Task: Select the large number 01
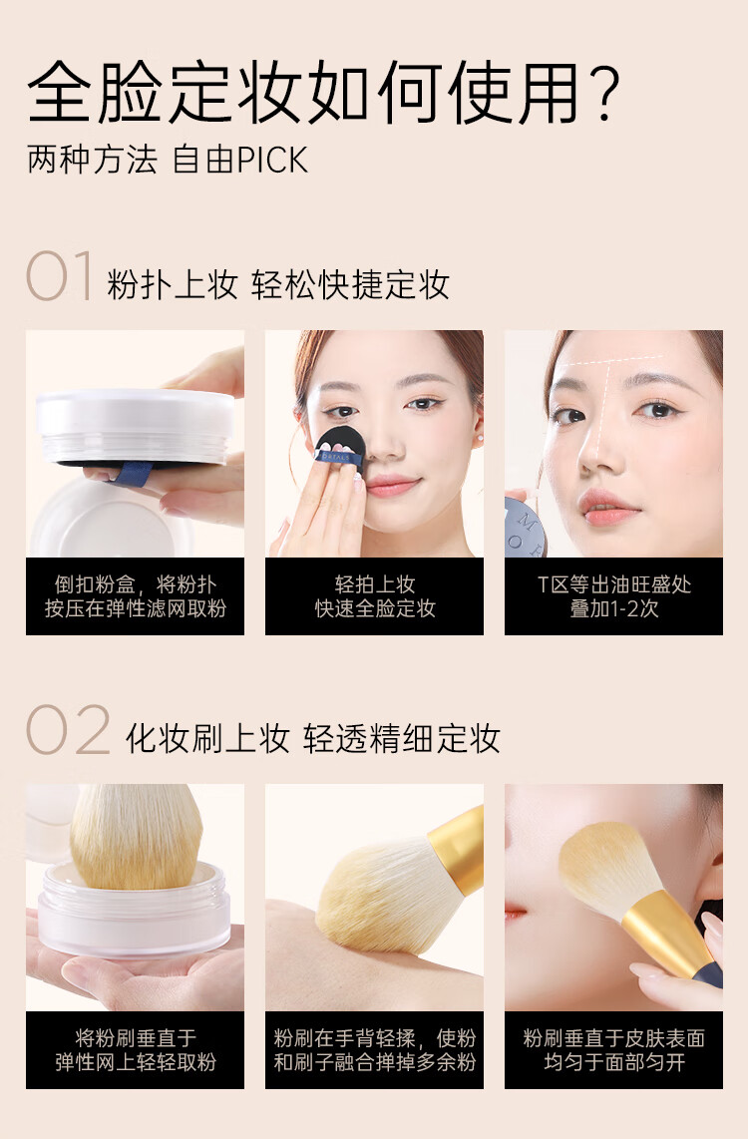(x=60, y=277)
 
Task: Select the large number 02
(x=67, y=731)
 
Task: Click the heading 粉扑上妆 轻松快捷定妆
(x=278, y=285)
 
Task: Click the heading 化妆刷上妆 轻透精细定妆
(x=312, y=739)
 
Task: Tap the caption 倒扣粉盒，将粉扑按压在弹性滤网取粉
(x=135, y=596)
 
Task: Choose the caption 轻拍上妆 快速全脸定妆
(x=374, y=596)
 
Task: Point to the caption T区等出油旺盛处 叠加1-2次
(x=613, y=596)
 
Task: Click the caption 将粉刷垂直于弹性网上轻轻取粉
(x=135, y=1050)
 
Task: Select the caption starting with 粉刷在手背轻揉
(x=374, y=1050)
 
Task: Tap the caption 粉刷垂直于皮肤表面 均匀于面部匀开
(x=613, y=1050)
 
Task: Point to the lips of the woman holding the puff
(x=393, y=486)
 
